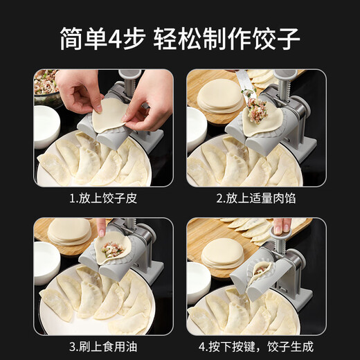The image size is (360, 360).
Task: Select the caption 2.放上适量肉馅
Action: pyautogui.click(x=256, y=199)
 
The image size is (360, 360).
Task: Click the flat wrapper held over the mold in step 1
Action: pyautogui.click(x=111, y=114)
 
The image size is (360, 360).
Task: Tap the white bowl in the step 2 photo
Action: pyautogui.click(x=196, y=128)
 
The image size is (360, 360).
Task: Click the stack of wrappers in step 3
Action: pyautogui.click(x=69, y=232)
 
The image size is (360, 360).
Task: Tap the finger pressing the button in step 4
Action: pyautogui.click(x=280, y=226)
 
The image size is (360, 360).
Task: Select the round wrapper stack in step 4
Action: pyautogui.click(x=222, y=254)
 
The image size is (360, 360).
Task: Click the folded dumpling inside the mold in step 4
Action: pyautogui.click(x=262, y=271)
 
